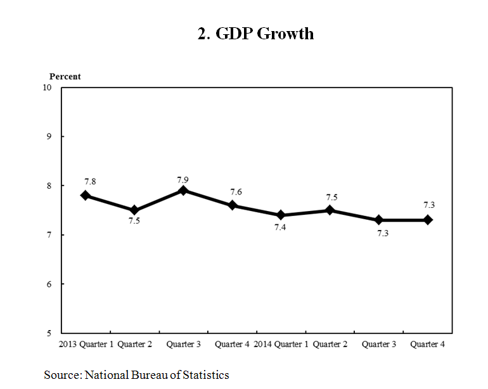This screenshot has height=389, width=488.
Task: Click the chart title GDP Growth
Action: pyautogui.click(x=255, y=34)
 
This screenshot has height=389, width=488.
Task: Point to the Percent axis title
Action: pyautogui.click(x=65, y=77)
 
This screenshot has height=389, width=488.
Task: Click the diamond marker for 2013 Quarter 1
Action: pyautogui.click(x=86, y=196)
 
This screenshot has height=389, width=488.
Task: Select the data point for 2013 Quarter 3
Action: pyautogui.click(x=183, y=191)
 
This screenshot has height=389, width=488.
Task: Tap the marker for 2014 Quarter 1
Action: pyautogui.click(x=281, y=215)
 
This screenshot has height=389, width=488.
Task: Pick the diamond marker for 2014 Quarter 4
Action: pyautogui.click(x=428, y=220)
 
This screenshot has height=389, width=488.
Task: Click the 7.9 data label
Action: pyautogui.click(x=183, y=179)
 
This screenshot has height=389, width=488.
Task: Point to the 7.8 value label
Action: pyautogui.click(x=89, y=181)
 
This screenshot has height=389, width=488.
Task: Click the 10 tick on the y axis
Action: pyautogui.click(x=47, y=87)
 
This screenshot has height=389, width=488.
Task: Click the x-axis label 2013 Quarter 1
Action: pyautogui.click(x=86, y=345)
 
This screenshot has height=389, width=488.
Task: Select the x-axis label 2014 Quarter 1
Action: pyautogui.click(x=281, y=345)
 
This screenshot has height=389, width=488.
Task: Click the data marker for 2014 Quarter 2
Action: pyautogui.click(x=330, y=210)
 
